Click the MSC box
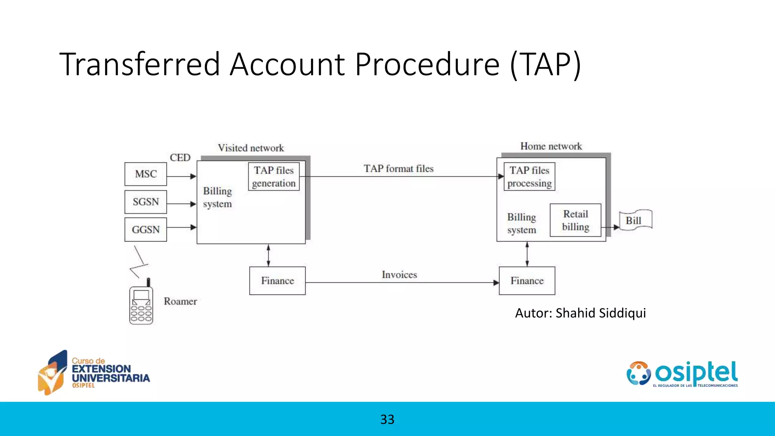coord(146,174)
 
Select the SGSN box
coord(146,202)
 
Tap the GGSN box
coord(146,229)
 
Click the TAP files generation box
coord(274,177)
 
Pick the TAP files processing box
coord(529,177)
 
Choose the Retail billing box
coord(576,220)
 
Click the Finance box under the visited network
coord(277,281)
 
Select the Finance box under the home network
coord(527,281)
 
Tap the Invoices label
coord(399,275)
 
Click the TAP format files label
coord(398,169)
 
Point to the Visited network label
coord(251,148)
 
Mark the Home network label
coord(551,146)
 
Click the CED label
coord(180,157)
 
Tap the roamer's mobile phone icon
coord(141,304)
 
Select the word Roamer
coord(180,302)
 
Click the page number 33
coord(387,419)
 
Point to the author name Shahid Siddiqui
coord(601,313)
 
